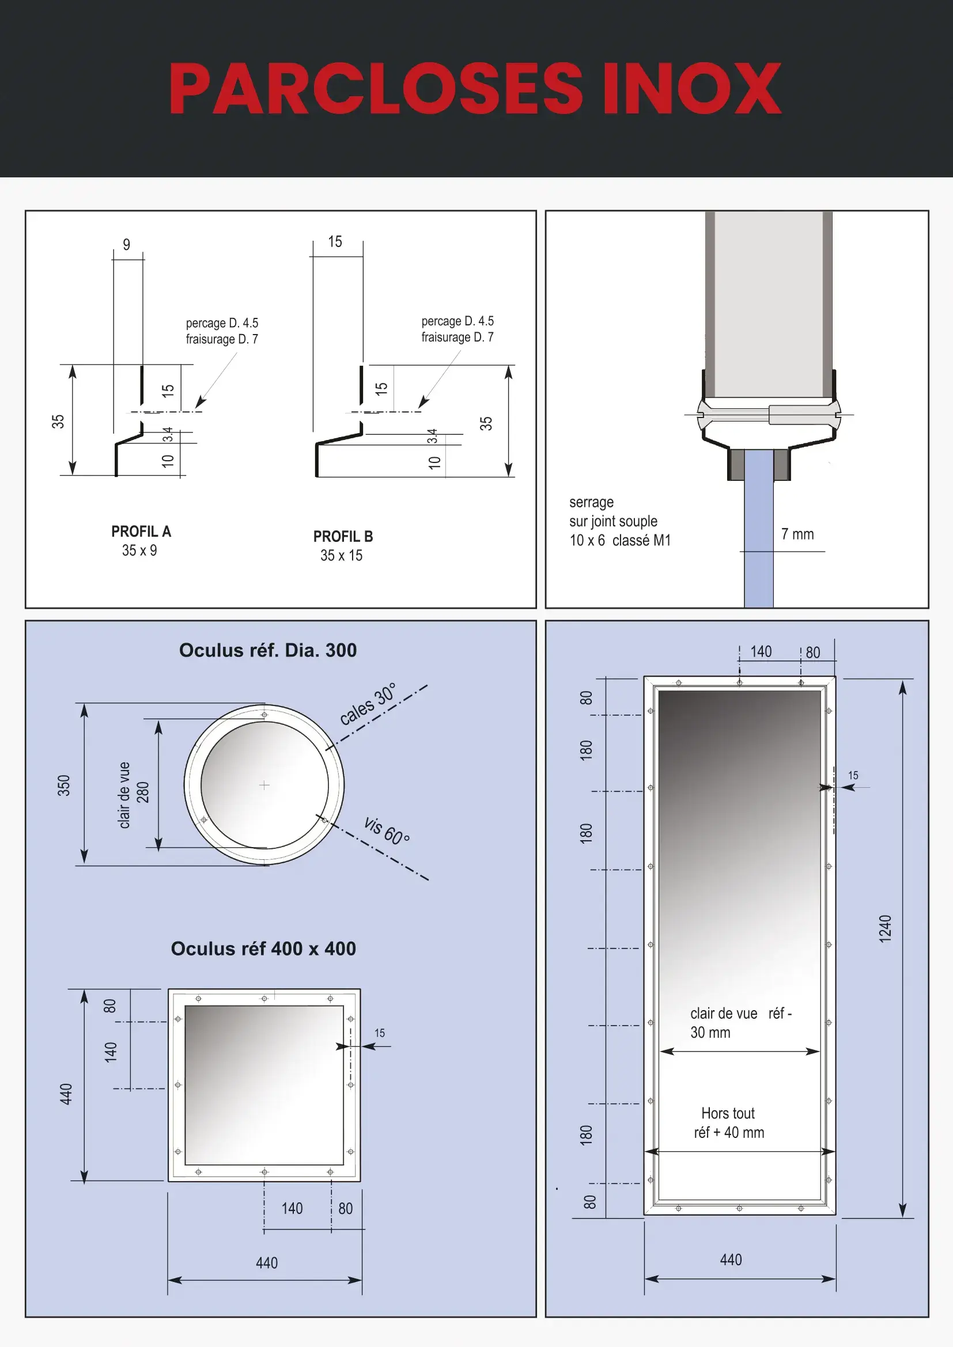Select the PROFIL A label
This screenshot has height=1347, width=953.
click(141, 532)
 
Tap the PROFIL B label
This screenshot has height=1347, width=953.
click(343, 536)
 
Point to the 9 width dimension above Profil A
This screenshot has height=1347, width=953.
click(126, 245)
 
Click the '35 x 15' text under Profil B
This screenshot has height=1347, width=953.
click(341, 556)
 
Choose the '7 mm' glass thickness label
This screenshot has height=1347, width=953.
click(797, 534)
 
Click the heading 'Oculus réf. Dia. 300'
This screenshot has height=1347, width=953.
click(267, 650)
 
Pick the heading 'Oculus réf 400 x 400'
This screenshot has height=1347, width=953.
click(263, 948)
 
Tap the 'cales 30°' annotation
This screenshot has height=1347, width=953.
click(368, 703)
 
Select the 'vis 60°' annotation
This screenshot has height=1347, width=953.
click(387, 830)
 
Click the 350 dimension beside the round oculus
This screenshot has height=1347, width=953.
click(63, 785)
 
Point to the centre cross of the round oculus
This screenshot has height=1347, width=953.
click(264, 785)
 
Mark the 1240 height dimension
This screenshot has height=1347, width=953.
click(885, 929)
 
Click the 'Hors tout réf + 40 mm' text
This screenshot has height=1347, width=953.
click(729, 1122)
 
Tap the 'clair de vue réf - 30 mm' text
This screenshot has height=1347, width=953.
click(740, 1023)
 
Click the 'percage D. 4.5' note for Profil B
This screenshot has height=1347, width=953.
click(457, 321)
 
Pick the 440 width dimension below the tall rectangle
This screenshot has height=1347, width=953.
click(731, 1259)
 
